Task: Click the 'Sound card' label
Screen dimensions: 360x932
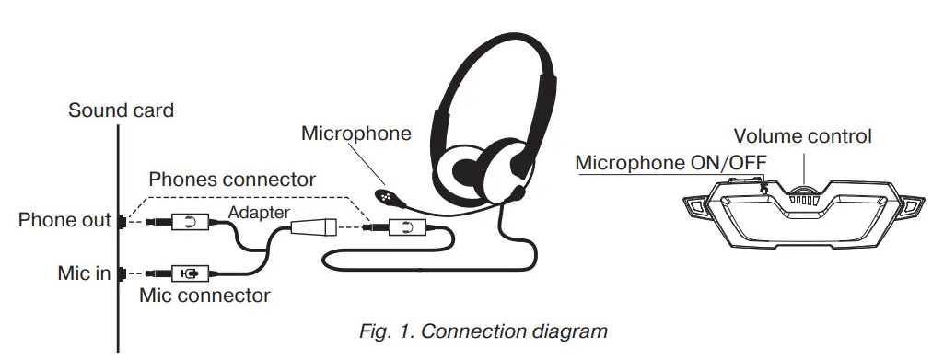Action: tap(121, 110)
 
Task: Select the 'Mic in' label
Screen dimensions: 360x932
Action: tap(83, 273)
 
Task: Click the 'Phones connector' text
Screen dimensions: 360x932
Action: tap(232, 179)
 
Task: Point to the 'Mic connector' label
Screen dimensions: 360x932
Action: tap(204, 296)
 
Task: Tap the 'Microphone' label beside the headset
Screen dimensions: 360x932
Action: tap(355, 134)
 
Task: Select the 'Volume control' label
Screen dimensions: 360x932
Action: tap(802, 136)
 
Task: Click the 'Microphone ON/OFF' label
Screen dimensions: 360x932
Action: tap(670, 163)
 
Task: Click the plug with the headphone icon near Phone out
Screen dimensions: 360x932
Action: tap(188, 222)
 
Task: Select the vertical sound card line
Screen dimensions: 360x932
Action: tap(118, 239)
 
